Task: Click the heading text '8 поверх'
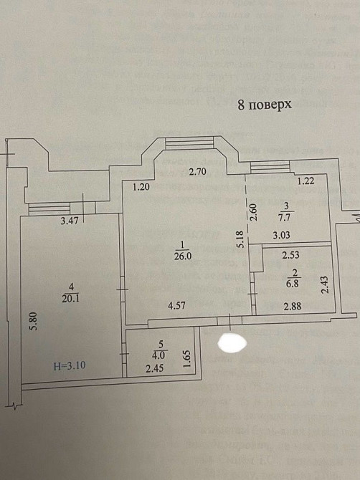pyautogui.click(x=264, y=105)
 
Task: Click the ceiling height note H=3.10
pyautogui.click(x=70, y=365)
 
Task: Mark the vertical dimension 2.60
pyautogui.click(x=253, y=212)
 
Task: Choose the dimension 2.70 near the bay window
pyautogui.click(x=197, y=172)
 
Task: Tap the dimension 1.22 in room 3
pyautogui.click(x=307, y=182)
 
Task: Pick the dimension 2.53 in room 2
pyautogui.click(x=291, y=255)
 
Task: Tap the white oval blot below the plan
pyautogui.click(x=231, y=342)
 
